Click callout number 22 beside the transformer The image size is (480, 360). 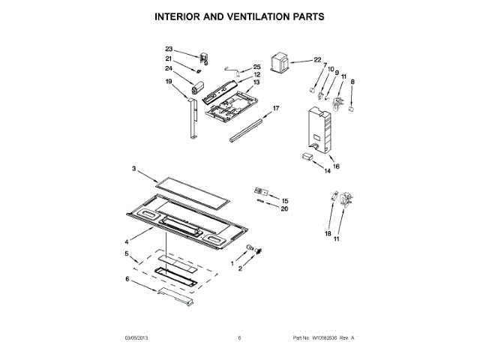(x=317, y=60)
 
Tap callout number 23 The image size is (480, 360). (x=169, y=49)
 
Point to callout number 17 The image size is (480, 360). (x=276, y=108)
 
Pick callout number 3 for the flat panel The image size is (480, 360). (x=134, y=170)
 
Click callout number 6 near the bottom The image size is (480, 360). (x=127, y=279)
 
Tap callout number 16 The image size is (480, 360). (x=336, y=166)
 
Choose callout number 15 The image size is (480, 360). (x=284, y=201)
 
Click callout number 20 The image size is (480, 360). (x=284, y=209)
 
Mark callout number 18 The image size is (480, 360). (x=328, y=234)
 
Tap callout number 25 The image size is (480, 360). (x=256, y=67)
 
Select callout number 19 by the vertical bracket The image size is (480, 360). (x=169, y=81)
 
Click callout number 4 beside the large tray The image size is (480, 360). (x=127, y=241)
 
